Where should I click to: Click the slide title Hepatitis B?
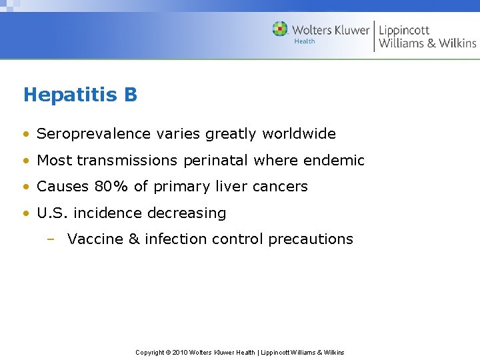80,95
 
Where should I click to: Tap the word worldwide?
299,134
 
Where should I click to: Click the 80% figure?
110,187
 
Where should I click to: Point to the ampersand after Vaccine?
133,239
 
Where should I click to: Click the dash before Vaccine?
51,240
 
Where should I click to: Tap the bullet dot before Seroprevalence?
26,135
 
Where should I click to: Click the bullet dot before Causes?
26,187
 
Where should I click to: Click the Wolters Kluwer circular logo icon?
280,29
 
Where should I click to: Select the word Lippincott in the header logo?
404,30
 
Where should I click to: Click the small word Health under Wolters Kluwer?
305,41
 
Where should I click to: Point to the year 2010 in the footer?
181,353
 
